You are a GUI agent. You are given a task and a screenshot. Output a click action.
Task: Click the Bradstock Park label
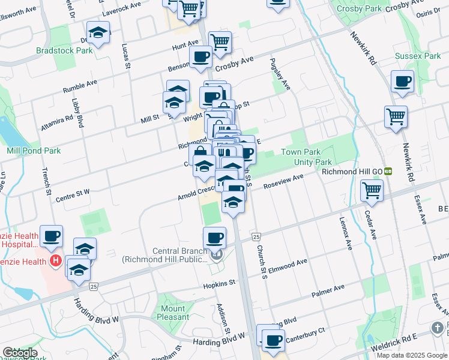click(64, 51)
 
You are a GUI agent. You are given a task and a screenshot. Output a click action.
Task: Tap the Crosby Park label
click(360, 9)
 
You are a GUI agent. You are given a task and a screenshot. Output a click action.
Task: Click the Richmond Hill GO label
click(352, 171)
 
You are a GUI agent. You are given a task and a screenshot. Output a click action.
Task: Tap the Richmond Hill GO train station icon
click(388, 171)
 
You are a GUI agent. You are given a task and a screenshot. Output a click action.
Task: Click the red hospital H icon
click(56, 261)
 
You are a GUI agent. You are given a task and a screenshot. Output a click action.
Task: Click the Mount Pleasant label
click(173, 313)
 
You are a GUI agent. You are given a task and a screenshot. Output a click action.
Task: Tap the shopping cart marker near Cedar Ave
click(372, 191)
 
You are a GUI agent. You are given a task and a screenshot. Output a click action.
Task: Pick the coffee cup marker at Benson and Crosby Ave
click(200, 57)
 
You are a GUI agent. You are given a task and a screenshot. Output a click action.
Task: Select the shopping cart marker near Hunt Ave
click(220, 41)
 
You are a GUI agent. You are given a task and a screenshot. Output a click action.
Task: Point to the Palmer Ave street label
click(328, 292)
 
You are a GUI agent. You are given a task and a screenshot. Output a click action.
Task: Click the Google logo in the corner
click(20, 353)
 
